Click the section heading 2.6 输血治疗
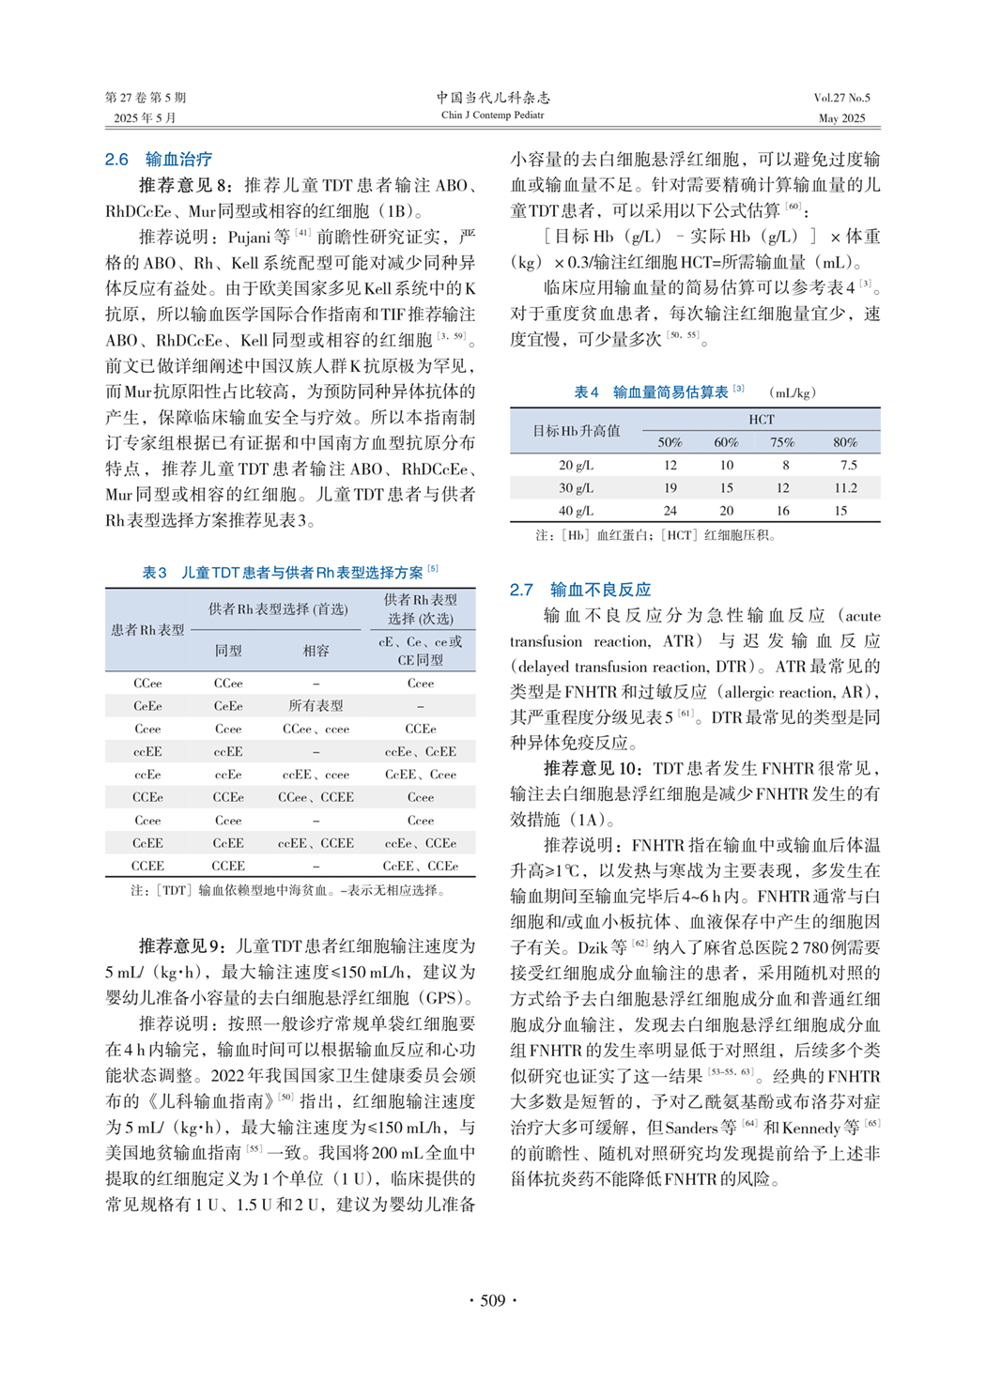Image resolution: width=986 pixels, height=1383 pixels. [x=158, y=160]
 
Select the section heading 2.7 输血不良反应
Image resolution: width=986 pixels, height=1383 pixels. [x=579, y=590]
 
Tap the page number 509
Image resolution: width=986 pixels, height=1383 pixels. [x=492, y=1300]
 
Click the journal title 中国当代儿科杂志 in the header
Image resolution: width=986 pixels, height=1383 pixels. [x=492, y=98]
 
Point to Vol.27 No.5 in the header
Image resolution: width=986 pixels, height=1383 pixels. [x=841, y=98]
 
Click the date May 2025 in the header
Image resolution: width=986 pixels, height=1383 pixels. [x=841, y=118]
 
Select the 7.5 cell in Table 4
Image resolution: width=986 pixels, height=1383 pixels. [x=848, y=465]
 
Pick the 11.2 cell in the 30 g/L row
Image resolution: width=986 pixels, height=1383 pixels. [x=845, y=488]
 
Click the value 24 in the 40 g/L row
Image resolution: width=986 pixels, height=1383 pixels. [x=670, y=512]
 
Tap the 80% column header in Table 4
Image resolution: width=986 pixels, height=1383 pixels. [x=845, y=442]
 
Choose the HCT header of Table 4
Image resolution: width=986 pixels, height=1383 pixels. [x=761, y=420]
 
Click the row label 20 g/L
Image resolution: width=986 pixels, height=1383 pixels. [x=576, y=465]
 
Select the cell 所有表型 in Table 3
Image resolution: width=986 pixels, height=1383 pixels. [x=316, y=706]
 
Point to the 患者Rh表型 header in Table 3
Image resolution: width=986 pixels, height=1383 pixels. [x=147, y=630]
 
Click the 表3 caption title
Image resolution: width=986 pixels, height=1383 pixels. [x=289, y=572]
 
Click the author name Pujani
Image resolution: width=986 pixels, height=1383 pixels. [x=249, y=238]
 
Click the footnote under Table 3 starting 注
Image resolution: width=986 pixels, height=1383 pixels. [x=289, y=890]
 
